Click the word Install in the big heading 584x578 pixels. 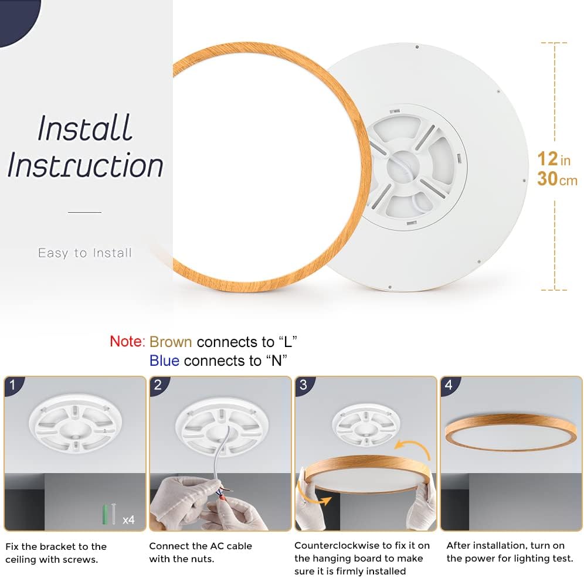pyautogui.click(x=85, y=128)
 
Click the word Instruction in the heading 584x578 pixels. pyautogui.click(x=85, y=165)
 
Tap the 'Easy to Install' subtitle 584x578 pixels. pyautogui.click(x=85, y=253)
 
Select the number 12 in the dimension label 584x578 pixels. pyautogui.click(x=547, y=158)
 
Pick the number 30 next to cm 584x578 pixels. pyautogui.click(x=547, y=179)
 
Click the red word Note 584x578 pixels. pyautogui.click(x=126, y=342)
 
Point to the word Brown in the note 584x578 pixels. pyautogui.click(x=171, y=342)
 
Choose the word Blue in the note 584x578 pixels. pyautogui.click(x=164, y=361)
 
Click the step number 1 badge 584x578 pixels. pyautogui.click(x=13, y=386)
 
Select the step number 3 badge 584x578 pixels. pyautogui.click(x=303, y=386)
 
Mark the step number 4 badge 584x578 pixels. pyautogui.click(x=449, y=386)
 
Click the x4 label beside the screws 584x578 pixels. pyautogui.click(x=128, y=519)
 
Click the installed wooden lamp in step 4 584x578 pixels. pyautogui.click(x=511, y=432)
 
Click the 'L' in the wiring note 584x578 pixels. pyautogui.click(x=287, y=342)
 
